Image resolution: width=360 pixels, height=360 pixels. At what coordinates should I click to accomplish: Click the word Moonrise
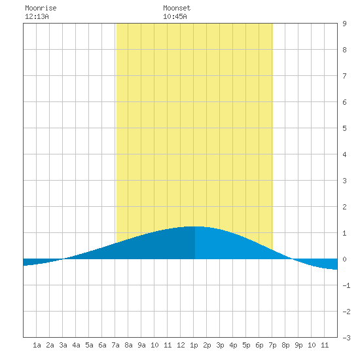[41, 8]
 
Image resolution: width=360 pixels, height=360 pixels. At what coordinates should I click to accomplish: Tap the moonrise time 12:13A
[37, 16]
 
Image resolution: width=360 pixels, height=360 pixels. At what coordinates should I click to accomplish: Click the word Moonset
[177, 8]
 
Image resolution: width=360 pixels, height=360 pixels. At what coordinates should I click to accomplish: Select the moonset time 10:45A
[175, 16]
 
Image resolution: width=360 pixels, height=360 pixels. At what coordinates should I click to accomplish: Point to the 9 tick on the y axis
[344, 24]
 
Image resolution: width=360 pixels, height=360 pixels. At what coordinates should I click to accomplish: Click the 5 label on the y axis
[344, 128]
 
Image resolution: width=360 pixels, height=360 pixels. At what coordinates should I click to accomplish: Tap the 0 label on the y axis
[344, 259]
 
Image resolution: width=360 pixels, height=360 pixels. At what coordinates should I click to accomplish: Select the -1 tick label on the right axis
[346, 285]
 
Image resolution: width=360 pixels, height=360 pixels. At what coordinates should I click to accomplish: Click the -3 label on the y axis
[346, 338]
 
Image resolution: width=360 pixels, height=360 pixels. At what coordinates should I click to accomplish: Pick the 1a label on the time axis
[37, 345]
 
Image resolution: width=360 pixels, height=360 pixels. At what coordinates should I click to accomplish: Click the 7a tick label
[115, 345]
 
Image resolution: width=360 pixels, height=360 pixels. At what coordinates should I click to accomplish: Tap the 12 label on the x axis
[181, 345]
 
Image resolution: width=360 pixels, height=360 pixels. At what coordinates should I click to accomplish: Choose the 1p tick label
[194, 345]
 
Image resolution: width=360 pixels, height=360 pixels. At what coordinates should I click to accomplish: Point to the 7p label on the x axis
[272, 345]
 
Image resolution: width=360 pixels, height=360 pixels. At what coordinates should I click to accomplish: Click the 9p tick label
[298, 345]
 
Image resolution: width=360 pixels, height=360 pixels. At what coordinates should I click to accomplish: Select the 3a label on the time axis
[63, 345]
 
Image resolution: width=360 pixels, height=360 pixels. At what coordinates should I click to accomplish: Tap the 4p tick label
[233, 345]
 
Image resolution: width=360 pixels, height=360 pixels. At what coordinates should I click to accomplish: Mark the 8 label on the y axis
[344, 50]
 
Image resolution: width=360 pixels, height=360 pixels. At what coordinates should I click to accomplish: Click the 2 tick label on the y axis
[344, 207]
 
